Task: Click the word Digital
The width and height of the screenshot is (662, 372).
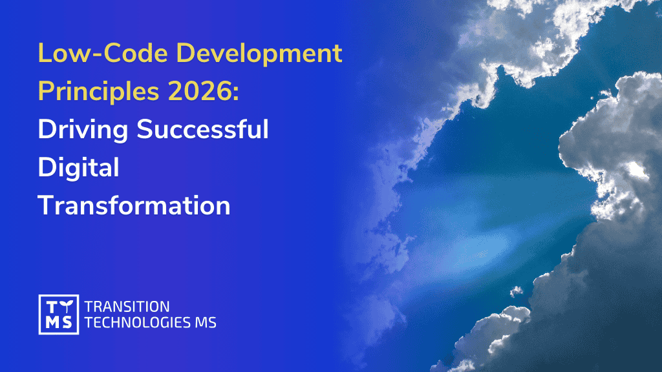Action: (x=78, y=168)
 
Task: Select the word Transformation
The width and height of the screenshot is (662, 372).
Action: (x=134, y=205)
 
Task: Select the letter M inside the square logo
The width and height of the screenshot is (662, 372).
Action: (x=51, y=322)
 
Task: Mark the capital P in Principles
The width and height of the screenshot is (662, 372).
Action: (x=45, y=92)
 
